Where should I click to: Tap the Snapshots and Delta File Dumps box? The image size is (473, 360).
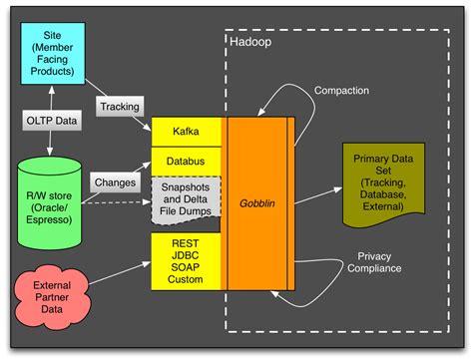(x=187, y=197)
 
